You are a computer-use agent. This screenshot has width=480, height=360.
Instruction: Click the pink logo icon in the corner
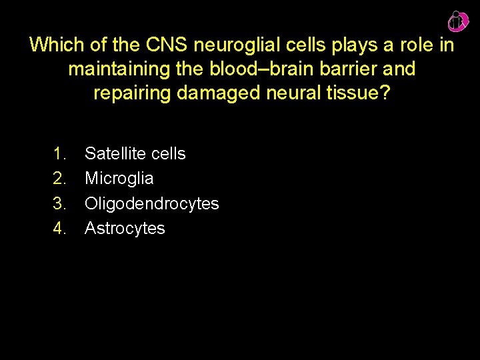click(x=457, y=22)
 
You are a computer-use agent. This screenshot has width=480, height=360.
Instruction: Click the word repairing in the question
click(x=133, y=93)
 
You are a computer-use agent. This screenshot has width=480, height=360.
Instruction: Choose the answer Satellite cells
click(x=135, y=154)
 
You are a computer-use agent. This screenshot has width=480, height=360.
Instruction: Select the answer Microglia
click(x=119, y=179)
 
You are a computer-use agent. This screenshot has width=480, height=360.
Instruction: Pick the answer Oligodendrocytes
click(x=152, y=203)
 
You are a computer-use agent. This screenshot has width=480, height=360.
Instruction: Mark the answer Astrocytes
click(x=125, y=229)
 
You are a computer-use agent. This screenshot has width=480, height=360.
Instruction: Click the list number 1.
click(x=59, y=154)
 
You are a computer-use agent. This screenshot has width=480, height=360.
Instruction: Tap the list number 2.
click(x=59, y=179)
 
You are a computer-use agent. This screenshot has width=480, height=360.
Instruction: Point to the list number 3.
click(x=59, y=203)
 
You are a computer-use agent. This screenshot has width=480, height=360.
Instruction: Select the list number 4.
click(x=59, y=229)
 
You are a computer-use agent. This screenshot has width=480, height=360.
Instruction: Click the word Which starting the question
click(x=52, y=45)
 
